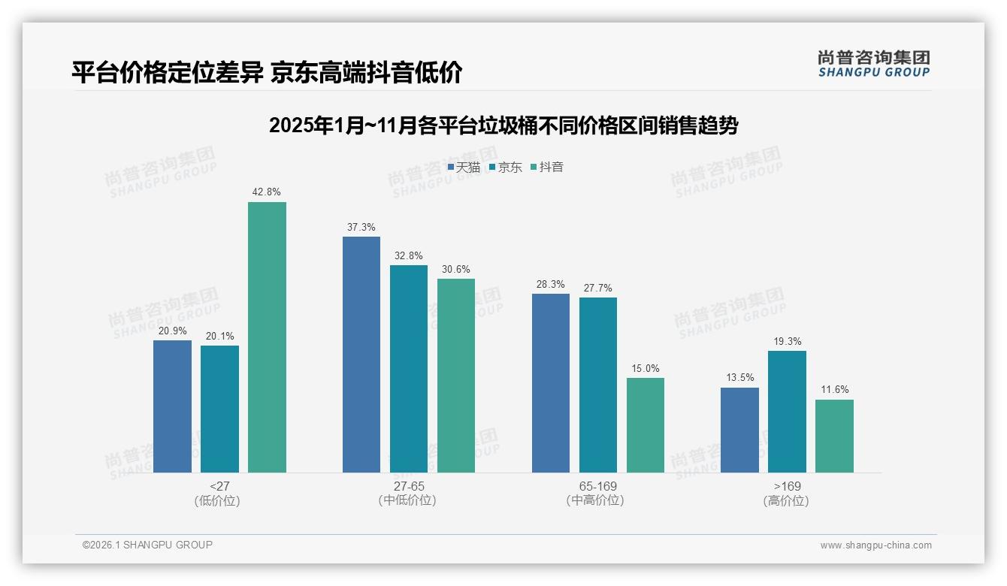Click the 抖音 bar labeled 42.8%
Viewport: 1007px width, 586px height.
[x=267, y=337]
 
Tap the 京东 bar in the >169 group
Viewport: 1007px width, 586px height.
[x=787, y=412]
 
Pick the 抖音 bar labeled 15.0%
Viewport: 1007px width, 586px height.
[x=646, y=425]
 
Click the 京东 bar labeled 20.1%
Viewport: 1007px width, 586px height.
[x=219, y=409]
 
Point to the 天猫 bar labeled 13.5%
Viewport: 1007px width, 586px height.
[x=739, y=430]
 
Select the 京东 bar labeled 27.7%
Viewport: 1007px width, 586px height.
[x=598, y=385]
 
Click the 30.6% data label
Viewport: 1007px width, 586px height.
[x=456, y=270]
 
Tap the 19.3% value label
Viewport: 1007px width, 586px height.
[x=787, y=342]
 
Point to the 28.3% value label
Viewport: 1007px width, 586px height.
[x=551, y=285]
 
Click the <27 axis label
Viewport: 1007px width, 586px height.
[x=219, y=486]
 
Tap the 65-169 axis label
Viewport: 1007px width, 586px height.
[x=597, y=486]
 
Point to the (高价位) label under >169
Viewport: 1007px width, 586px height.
[x=787, y=500]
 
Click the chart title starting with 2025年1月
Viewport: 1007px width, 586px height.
[x=503, y=125]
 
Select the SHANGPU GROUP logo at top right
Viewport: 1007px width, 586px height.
[x=874, y=64]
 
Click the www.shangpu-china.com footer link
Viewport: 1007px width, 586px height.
[x=875, y=545]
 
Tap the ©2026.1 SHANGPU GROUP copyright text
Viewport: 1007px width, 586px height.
[x=147, y=545]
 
